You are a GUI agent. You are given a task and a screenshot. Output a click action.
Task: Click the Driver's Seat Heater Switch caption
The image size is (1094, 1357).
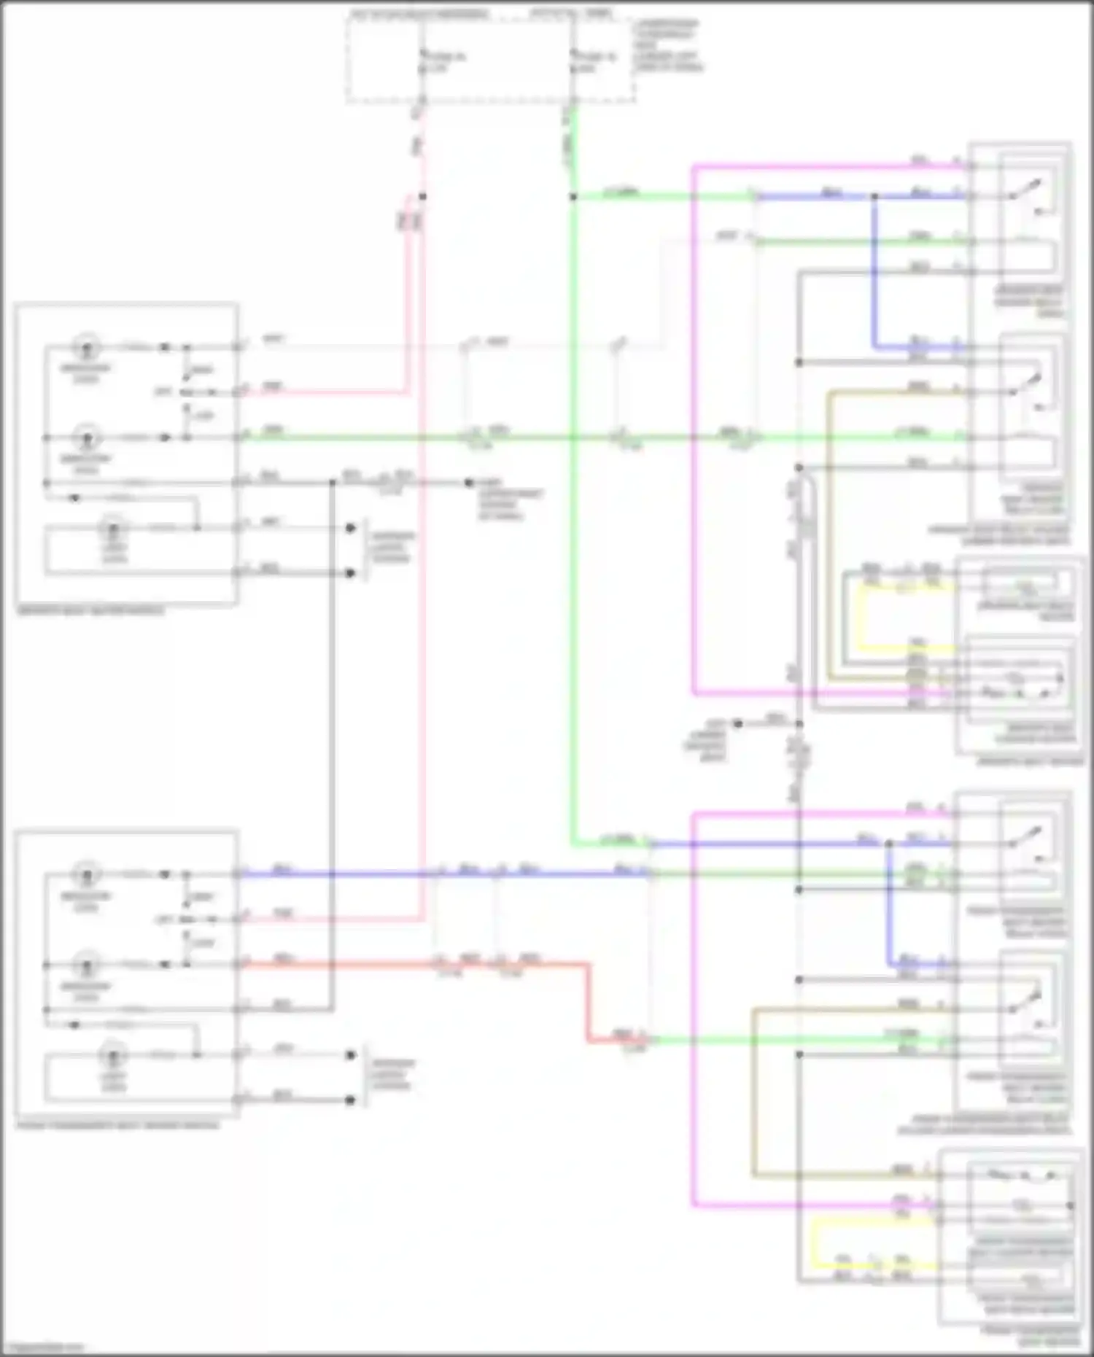pyautogui.click(x=91, y=611)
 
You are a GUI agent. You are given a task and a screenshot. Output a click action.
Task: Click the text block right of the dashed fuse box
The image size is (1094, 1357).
pyautogui.click(x=667, y=46)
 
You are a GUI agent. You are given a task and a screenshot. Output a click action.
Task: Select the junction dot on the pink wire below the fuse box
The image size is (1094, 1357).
pyautogui.click(x=422, y=196)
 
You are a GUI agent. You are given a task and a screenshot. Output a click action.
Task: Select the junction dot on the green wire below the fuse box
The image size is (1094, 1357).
pyautogui.click(x=573, y=196)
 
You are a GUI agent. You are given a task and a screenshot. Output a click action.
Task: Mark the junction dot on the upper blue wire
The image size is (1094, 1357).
pyautogui.click(x=874, y=196)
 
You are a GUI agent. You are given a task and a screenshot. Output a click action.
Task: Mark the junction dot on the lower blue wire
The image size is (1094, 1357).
pyautogui.click(x=889, y=844)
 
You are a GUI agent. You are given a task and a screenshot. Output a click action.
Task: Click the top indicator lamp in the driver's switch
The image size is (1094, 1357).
pyautogui.click(x=87, y=347)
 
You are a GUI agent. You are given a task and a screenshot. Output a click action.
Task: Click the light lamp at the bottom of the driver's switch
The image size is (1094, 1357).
pyautogui.click(x=113, y=528)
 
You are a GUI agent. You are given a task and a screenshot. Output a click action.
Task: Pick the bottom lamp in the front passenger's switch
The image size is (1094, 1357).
pyautogui.click(x=113, y=1055)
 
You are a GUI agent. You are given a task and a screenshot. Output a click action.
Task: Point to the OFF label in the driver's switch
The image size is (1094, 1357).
pyautogui.click(x=163, y=392)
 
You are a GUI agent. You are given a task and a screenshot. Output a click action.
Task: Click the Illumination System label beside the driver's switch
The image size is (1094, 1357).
pyautogui.click(x=392, y=548)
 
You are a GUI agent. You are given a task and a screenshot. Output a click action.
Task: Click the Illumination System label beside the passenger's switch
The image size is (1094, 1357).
pyautogui.click(x=392, y=1075)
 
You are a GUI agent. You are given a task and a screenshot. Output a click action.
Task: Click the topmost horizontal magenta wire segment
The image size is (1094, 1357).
pyautogui.click(x=802, y=167)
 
